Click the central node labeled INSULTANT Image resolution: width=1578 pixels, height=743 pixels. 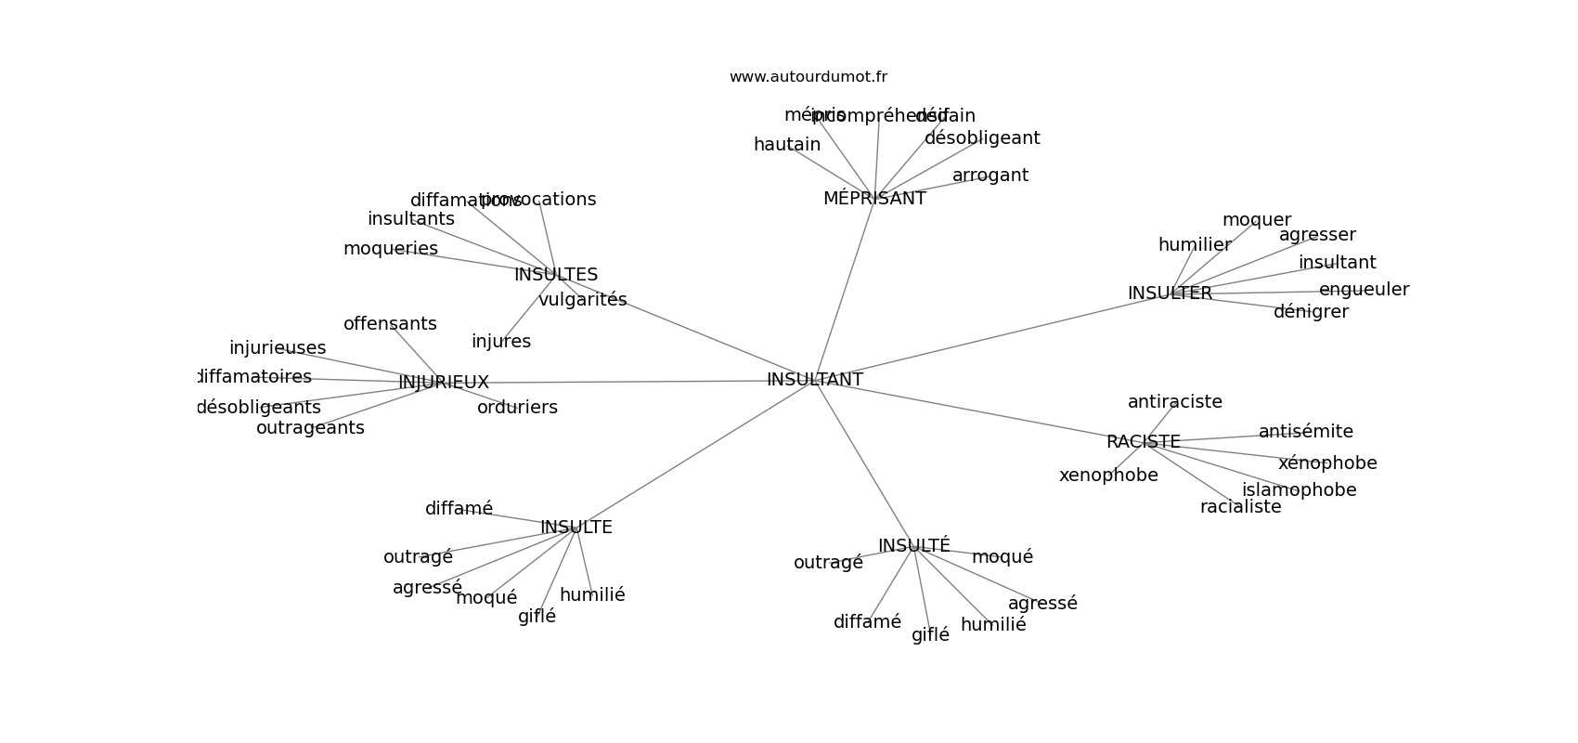[x=814, y=380]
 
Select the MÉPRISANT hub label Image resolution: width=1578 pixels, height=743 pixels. [x=873, y=199]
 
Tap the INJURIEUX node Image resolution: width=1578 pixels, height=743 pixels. [x=443, y=383]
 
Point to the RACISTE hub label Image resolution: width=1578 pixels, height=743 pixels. [x=1143, y=442]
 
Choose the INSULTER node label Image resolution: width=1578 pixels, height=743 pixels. [x=1170, y=293]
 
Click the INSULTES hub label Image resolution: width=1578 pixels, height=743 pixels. [x=555, y=275]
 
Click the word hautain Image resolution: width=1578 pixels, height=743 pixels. [x=786, y=145]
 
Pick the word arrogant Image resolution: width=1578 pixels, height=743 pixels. [x=989, y=176]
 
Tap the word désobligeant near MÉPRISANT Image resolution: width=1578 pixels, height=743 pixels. [x=981, y=138]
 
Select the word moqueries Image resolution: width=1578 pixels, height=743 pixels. [x=390, y=249]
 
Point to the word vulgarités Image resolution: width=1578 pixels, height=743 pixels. [x=582, y=300]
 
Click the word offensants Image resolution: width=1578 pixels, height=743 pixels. [x=389, y=324]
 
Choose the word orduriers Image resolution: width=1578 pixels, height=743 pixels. [x=517, y=408]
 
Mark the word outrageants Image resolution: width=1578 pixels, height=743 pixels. [x=310, y=428]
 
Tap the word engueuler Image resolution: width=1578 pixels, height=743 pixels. [x=1364, y=290]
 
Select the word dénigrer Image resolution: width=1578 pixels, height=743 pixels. [x=1310, y=312]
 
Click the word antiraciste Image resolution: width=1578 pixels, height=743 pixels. [x=1174, y=402]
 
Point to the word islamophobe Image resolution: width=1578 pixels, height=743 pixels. [x=1299, y=490]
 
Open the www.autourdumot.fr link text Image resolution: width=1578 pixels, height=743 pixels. [x=808, y=77]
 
